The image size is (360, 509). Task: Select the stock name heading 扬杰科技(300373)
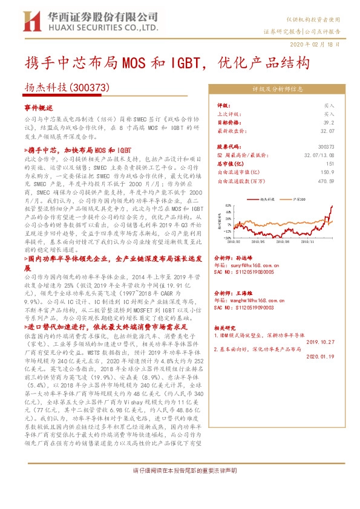coord(60,88)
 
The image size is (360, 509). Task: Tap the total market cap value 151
coord(330,163)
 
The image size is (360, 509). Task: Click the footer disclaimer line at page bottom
coord(180,488)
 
